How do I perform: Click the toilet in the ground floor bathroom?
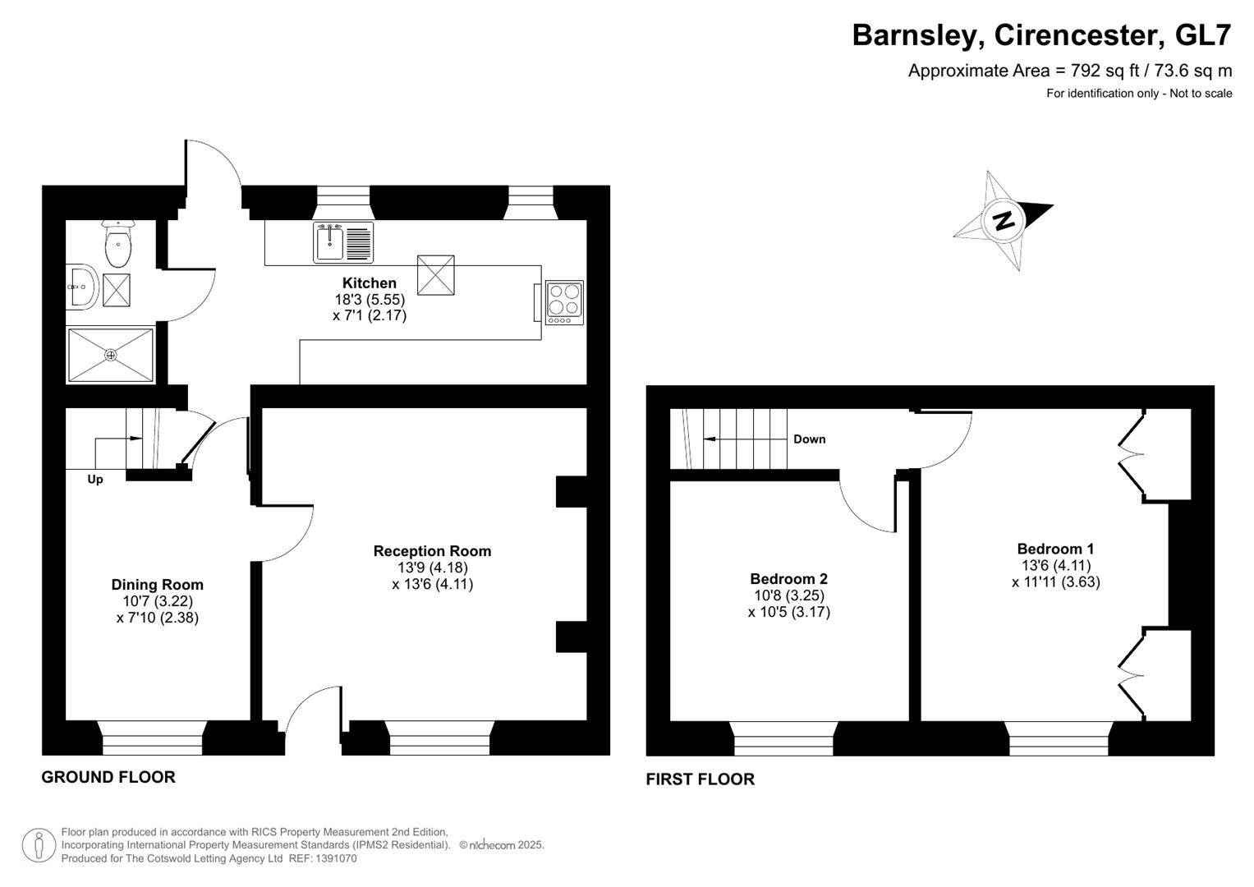(x=118, y=243)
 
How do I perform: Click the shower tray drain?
(x=111, y=355)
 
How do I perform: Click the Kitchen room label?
(x=369, y=283)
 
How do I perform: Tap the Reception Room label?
(x=432, y=551)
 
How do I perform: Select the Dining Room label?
(x=157, y=585)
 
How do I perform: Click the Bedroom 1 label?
(x=1055, y=549)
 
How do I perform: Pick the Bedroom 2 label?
(x=788, y=579)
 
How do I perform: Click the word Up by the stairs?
(x=95, y=480)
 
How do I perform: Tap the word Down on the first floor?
(x=809, y=439)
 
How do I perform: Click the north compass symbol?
(x=1003, y=220)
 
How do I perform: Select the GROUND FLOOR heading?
(x=108, y=777)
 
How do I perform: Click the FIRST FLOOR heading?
(x=700, y=779)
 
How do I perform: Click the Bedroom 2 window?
(x=784, y=738)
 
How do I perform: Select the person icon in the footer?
(x=39, y=846)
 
